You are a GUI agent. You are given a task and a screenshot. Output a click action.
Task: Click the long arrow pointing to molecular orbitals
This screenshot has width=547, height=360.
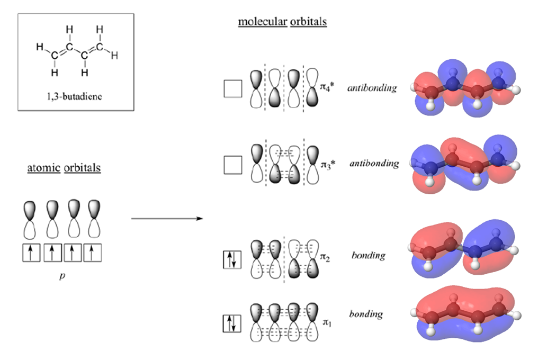coord(167,218)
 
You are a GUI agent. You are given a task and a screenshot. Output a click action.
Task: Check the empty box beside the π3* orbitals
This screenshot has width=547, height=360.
coord(232,166)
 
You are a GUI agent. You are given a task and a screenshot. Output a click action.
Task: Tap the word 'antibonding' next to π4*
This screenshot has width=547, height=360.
coord(372,88)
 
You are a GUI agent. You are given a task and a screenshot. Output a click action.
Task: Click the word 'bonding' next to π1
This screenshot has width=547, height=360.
coord(365,314)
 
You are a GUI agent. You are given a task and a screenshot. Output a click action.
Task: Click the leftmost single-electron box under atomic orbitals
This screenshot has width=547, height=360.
coord(31,253)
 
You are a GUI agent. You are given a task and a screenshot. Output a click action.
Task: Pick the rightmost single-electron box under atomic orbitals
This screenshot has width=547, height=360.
coord(93,253)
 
